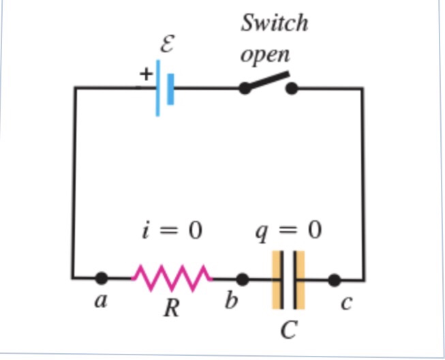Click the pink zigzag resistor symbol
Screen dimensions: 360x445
pos(172,277)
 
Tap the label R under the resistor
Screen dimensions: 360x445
pos(171,309)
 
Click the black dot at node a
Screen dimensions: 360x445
pos(102,277)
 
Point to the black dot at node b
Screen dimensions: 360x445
pos(242,279)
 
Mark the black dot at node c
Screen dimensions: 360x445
pos(334,279)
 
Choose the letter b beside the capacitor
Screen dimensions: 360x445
pos(232,301)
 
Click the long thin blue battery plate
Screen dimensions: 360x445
pos(157,88)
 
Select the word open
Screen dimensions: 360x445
pos(264,55)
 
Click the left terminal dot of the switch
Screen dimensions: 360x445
pos(245,88)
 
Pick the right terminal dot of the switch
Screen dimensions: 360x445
pos(292,88)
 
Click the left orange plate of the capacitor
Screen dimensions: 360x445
pos(277,280)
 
